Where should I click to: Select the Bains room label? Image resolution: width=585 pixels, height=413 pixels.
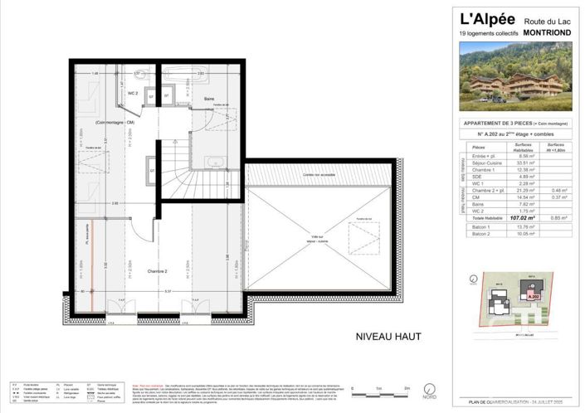[x=210, y=99]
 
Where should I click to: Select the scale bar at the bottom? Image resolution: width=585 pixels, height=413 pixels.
[x=378, y=392]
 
